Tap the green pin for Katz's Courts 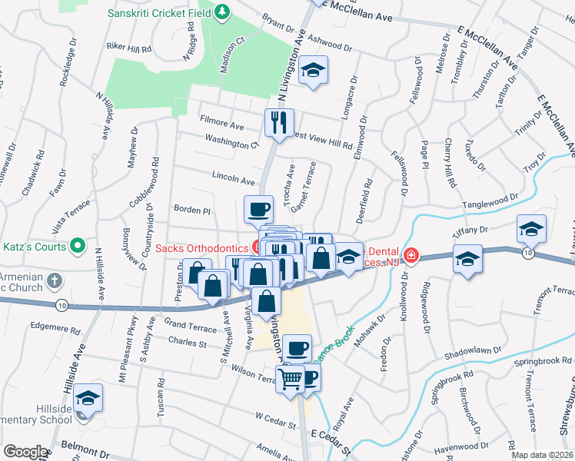tap(77, 247)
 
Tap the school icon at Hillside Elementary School tap(89, 398)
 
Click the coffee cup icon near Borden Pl tap(258, 207)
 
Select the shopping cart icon tap(290, 377)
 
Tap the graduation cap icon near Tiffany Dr tap(531, 228)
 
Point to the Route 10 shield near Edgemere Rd tap(60, 306)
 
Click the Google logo tap(25, 452)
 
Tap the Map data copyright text tap(542, 455)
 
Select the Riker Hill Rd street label tap(128, 48)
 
